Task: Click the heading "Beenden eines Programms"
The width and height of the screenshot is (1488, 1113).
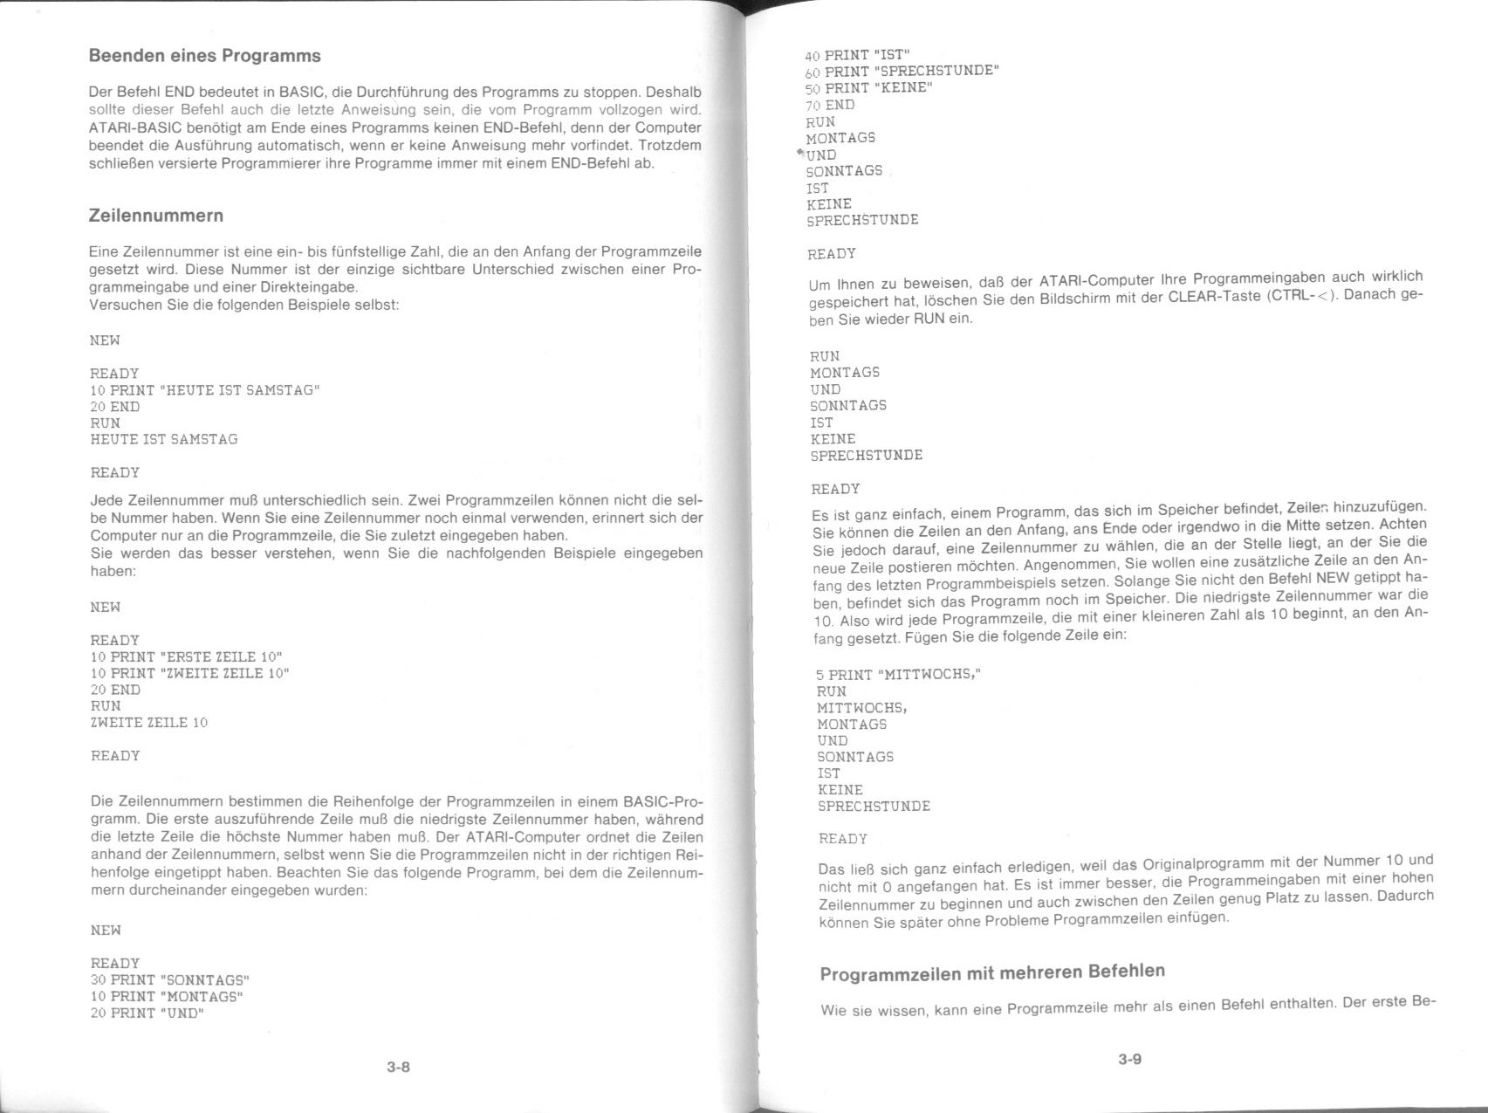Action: click(x=204, y=56)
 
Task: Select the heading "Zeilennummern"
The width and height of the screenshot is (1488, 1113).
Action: click(x=156, y=216)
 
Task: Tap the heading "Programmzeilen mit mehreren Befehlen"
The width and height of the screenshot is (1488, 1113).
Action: click(x=992, y=972)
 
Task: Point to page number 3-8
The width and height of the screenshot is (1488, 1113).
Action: click(x=399, y=1066)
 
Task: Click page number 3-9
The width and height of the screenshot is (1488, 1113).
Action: click(x=1130, y=1060)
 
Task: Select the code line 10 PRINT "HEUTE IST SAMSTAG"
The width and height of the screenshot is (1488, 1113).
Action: click(x=205, y=390)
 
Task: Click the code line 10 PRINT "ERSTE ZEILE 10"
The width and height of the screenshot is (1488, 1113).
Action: click(x=187, y=656)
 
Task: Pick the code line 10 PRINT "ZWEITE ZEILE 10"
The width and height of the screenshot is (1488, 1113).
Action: click(x=189, y=673)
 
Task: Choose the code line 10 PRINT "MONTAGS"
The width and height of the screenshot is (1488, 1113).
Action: click(x=167, y=996)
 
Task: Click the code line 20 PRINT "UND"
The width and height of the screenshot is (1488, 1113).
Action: click(x=147, y=1013)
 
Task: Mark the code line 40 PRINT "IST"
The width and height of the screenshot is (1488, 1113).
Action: click(x=857, y=55)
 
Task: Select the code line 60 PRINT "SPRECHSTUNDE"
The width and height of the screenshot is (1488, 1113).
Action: click(x=902, y=71)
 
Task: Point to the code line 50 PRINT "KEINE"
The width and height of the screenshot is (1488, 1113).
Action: click(x=869, y=88)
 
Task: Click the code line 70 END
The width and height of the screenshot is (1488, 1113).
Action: click(x=829, y=105)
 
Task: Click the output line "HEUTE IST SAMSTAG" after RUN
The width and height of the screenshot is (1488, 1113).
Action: click(x=164, y=439)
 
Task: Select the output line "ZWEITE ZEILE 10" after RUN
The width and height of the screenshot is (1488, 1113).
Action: click(x=149, y=723)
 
